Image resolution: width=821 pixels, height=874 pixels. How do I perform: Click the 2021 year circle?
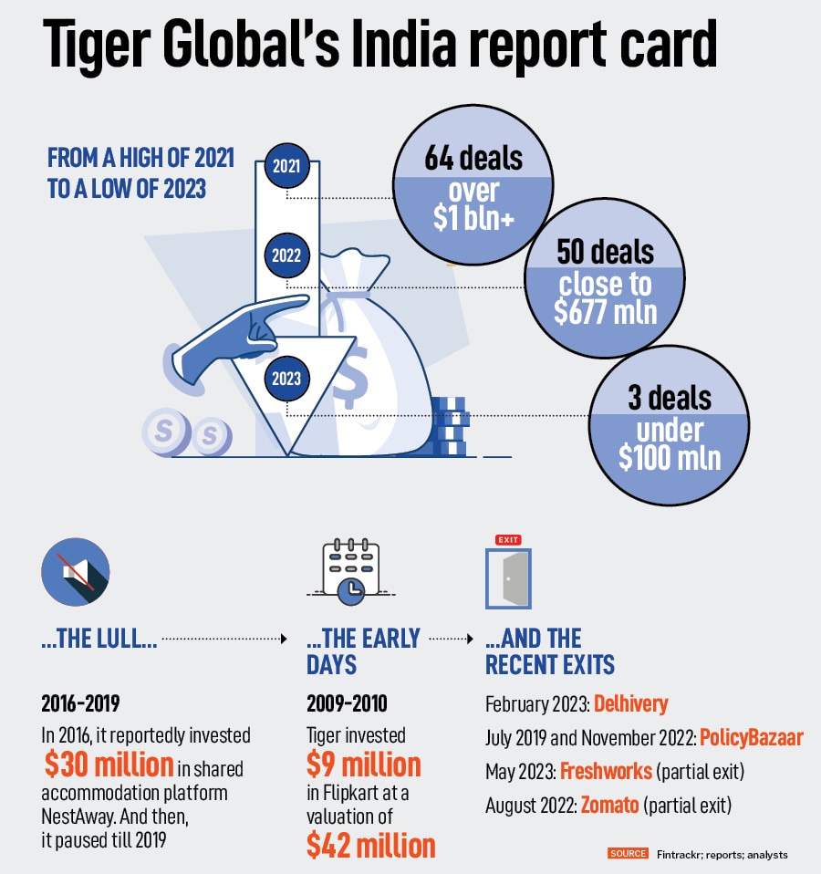(286, 166)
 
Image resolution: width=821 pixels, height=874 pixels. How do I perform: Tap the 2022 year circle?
(286, 256)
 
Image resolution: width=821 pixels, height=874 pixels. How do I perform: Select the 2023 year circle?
(286, 378)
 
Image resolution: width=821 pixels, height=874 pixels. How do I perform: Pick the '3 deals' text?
(670, 398)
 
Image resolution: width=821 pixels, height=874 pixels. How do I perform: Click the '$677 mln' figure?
(606, 311)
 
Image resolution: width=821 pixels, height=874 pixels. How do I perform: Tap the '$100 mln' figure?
(670, 457)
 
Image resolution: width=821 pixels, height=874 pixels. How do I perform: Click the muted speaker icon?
(75, 573)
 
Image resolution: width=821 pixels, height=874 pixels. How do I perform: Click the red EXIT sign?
(507, 540)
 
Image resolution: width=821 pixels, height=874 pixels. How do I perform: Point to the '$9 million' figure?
(363, 763)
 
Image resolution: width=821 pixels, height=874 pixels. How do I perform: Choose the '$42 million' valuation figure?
(370, 844)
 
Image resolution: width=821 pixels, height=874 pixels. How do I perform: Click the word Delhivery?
(630, 703)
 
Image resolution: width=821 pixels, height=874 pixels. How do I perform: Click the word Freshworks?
(606, 771)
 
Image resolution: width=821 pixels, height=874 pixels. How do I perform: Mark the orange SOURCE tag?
(628, 854)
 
